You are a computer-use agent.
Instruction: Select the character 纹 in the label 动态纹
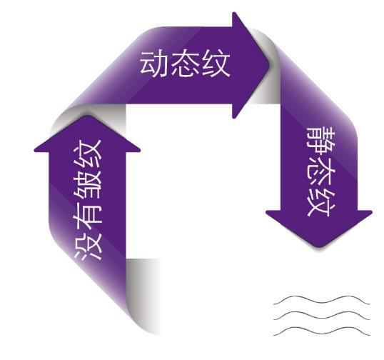point(216,64)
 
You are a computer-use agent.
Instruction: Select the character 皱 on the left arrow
point(88,184)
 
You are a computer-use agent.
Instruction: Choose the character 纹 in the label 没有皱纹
point(88,154)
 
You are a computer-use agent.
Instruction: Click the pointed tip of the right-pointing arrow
point(269,65)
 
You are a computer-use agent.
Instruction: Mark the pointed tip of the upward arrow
point(87,116)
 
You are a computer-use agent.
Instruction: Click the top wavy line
point(322,301)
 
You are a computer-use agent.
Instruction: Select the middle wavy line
point(322,316)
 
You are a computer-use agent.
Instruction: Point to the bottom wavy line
point(322,331)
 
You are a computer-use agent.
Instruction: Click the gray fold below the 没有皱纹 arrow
point(143,295)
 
